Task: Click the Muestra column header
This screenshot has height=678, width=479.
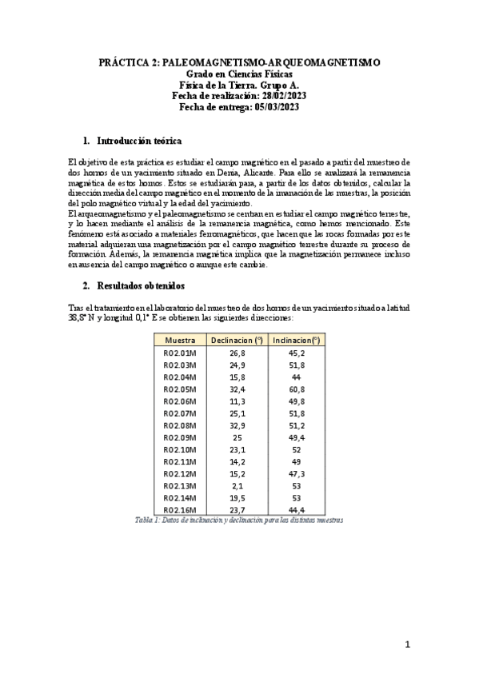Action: (x=180, y=340)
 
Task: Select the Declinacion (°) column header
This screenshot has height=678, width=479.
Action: (x=236, y=340)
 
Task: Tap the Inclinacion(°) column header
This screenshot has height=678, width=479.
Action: (x=296, y=340)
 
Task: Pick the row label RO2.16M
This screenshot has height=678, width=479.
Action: (x=180, y=510)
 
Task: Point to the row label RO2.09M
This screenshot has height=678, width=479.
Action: (x=180, y=437)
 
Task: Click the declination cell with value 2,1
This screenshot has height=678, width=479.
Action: (x=237, y=486)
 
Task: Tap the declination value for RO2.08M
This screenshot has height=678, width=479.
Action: (x=237, y=425)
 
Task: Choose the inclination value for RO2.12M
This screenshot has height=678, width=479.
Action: (x=296, y=473)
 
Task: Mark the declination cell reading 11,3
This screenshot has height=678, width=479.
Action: (x=237, y=401)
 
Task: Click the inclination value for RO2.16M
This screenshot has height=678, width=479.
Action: (x=296, y=510)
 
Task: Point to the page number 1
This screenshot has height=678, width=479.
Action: (x=407, y=644)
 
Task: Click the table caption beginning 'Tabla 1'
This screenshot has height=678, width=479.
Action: (x=239, y=520)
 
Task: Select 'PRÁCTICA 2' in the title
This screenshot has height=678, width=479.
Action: (x=128, y=62)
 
